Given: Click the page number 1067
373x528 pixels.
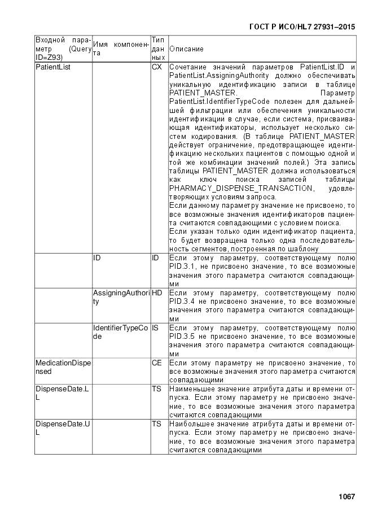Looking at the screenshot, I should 346,496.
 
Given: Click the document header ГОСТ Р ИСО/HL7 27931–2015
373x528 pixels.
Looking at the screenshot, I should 302,27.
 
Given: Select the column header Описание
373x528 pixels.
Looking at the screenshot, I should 186,49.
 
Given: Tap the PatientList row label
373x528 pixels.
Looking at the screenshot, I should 49,67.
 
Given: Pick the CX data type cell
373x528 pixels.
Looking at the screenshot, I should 157,67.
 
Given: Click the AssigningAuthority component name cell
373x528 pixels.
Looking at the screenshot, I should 121,297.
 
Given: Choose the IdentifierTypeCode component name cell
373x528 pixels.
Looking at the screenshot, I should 121,332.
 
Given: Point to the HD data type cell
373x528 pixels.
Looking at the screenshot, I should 156,293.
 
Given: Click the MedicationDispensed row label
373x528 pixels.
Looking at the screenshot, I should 63,367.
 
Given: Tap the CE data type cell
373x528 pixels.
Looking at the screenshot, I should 156,363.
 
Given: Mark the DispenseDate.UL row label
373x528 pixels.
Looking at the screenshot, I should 63,428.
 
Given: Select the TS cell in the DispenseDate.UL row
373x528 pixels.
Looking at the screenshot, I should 156,424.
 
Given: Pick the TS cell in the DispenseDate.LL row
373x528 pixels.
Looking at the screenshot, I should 156,389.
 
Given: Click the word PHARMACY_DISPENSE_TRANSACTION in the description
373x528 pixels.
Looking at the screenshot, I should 240,188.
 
